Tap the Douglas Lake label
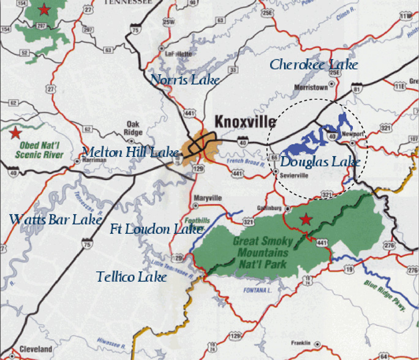(x=320, y=162)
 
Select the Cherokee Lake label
(x=314, y=64)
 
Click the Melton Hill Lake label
(x=130, y=152)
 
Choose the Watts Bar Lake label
(x=55, y=219)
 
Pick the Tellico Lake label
(x=131, y=277)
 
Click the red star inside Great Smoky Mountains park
(x=304, y=219)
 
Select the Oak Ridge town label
(x=133, y=127)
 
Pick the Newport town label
(x=353, y=133)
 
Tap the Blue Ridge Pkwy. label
(x=386, y=295)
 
